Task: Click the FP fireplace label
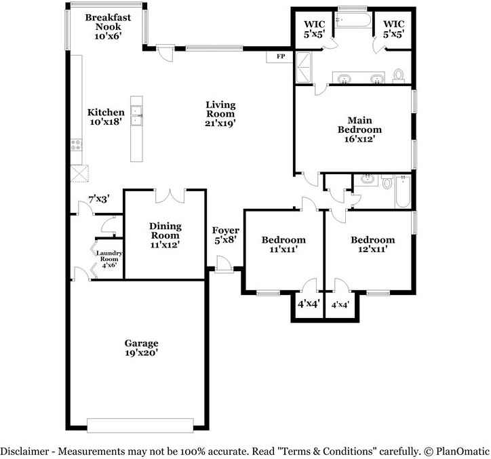pyautogui.click(x=281, y=56)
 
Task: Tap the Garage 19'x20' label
pyautogui.click(x=141, y=348)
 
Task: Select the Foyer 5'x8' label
pyautogui.click(x=225, y=235)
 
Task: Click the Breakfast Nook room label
pyautogui.click(x=108, y=26)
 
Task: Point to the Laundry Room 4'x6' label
pyautogui.click(x=109, y=259)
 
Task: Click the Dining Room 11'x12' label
pyautogui.click(x=165, y=235)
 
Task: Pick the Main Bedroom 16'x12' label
pyautogui.click(x=359, y=129)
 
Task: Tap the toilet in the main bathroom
pyautogui.click(x=398, y=75)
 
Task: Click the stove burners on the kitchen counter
pyautogui.click(x=76, y=145)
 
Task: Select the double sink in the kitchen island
pyautogui.click(x=136, y=115)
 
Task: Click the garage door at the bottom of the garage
pyautogui.click(x=140, y=426)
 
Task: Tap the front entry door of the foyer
pyautogui.click(x=224, y=264)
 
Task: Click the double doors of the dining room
pyautogui.click(x=170, y=196)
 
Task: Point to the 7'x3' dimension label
pyautogui.click(x=98, y=199)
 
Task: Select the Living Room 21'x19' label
pyautogui.click(x=220, y=114)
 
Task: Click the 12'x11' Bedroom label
pyautogui.click(x=372, y=245)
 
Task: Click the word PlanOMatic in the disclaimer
pyautogui.click(x=463, y=451)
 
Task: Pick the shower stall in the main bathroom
pyautogui.click(x=304, y=68)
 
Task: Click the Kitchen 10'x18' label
pyautogui.click(x=106, y=117)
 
